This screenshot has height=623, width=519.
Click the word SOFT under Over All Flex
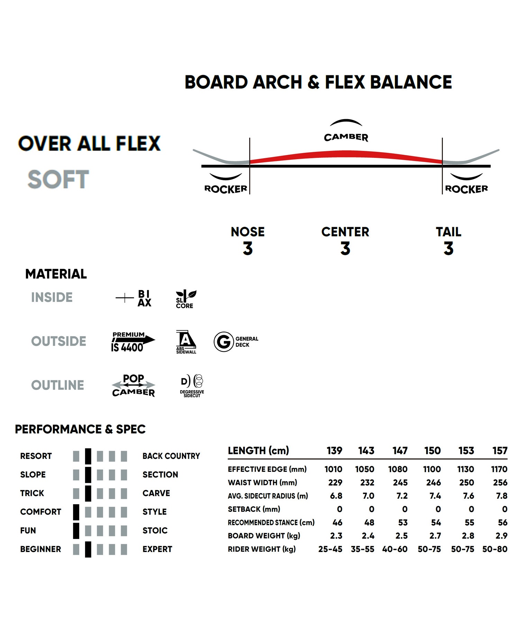(x=58, y=179)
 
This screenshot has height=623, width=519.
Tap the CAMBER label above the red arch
(x=346, y=137)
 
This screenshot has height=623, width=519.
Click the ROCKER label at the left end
(x=226, y=189)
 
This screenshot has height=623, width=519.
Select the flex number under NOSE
(x=248, y=249)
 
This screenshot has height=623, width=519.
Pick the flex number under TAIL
(x=448, y=249)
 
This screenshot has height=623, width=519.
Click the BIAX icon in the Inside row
(x=134, y=298)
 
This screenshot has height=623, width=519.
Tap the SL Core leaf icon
(x=186, y=299)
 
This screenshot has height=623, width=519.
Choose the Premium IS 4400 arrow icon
(x=133, y=342)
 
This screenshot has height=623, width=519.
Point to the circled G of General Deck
(x=224, y=342)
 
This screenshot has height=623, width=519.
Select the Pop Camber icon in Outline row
(x=134, y=385)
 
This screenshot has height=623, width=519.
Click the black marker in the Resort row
(x=88, y=456)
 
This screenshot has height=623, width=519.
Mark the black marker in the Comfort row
(x=76, y=512)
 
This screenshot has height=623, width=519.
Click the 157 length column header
(x=500, y=451)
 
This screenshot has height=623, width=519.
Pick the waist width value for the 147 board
(x=400, y=482)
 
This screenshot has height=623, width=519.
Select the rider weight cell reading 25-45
(x=330, y=549)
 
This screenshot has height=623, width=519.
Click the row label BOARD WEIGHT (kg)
(x=264, y=536)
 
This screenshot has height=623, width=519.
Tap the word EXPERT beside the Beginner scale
(x=157, y=549)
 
